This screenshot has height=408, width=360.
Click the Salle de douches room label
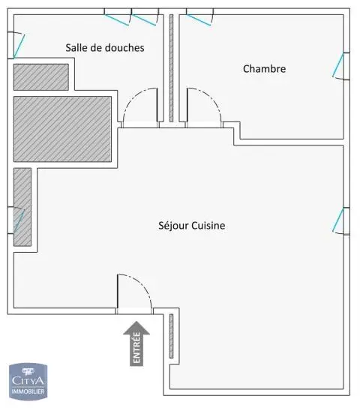point(105,47)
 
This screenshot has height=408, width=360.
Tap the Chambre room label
point(264,69)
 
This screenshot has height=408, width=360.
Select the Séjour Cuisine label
point(192,225)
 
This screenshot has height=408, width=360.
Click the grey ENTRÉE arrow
point(136,343)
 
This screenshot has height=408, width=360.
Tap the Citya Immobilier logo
point(28,381)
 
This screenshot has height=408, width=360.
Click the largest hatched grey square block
point(63,129)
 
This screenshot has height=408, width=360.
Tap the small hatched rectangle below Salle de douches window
point(41,77)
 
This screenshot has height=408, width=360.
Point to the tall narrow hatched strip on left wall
point(22,207)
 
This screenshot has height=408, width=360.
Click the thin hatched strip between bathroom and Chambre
point(171,68)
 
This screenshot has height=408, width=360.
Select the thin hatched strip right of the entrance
point(171,336)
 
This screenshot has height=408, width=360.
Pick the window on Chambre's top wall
point(199,16)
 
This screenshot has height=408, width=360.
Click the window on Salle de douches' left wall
point(16,45)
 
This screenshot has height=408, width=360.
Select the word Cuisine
point(208,225)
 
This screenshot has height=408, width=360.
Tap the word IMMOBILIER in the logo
point(28,391)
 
